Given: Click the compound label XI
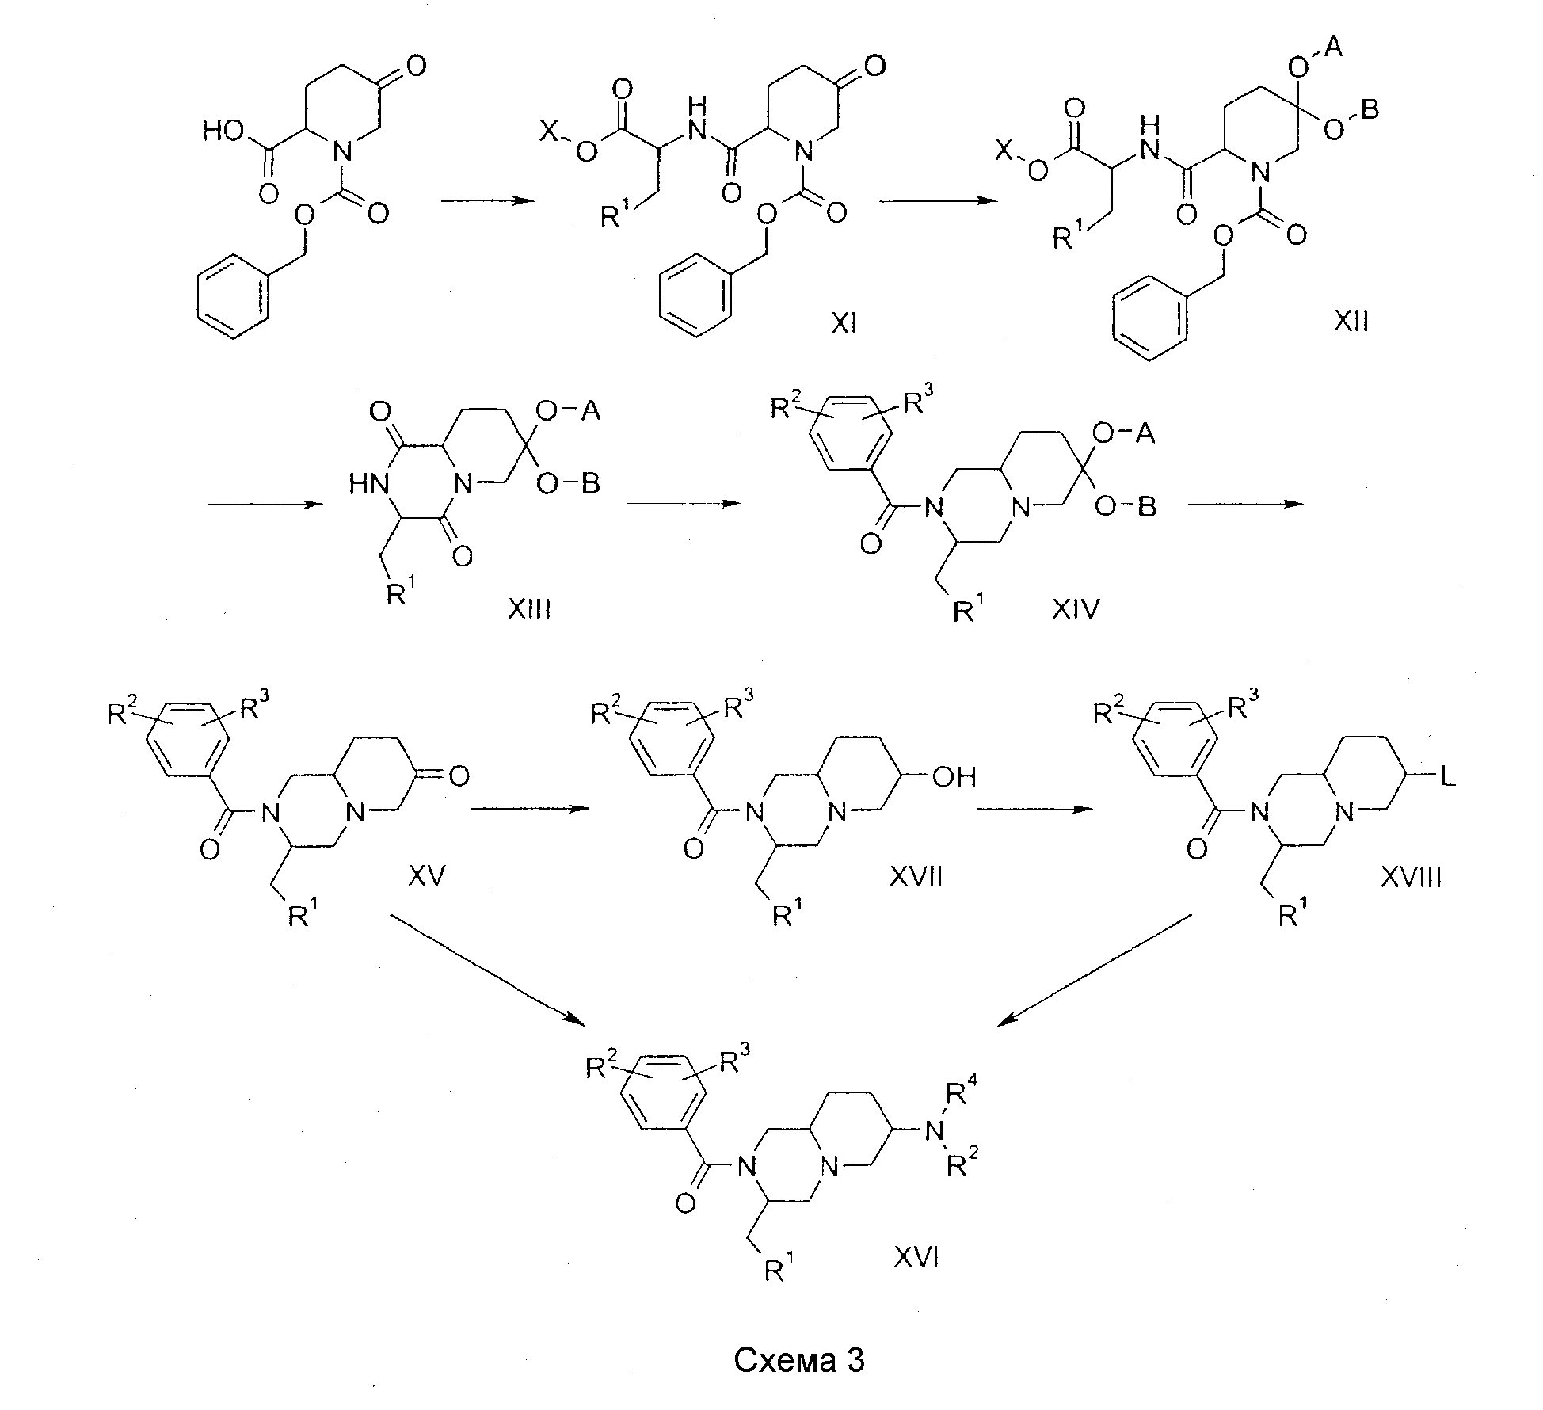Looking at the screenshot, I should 844,323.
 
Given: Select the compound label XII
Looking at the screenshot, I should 1351,322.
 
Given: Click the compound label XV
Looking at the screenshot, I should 428,875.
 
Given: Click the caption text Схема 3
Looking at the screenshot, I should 798,1359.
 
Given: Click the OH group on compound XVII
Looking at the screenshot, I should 954,777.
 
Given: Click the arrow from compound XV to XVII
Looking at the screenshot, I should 531,808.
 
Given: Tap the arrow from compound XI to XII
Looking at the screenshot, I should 938,201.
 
